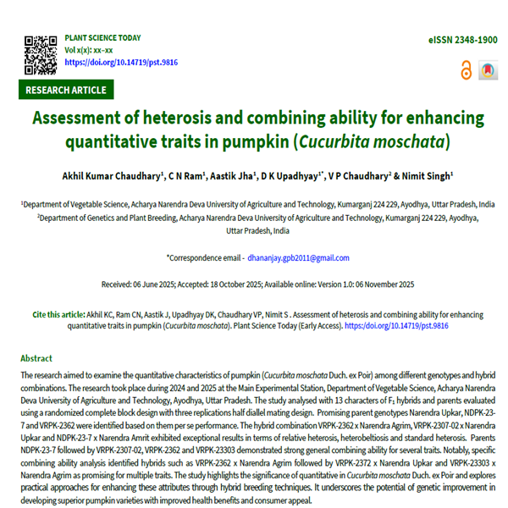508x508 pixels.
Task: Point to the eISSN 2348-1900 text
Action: pos(462,40)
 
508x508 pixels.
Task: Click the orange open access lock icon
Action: pos(466,71)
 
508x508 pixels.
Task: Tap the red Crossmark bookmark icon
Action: pos(488,71)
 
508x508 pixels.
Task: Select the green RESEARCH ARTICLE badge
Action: pos(66,90)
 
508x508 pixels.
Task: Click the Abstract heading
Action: pos(36,358)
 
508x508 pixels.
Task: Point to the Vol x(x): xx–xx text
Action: pos(89,50)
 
